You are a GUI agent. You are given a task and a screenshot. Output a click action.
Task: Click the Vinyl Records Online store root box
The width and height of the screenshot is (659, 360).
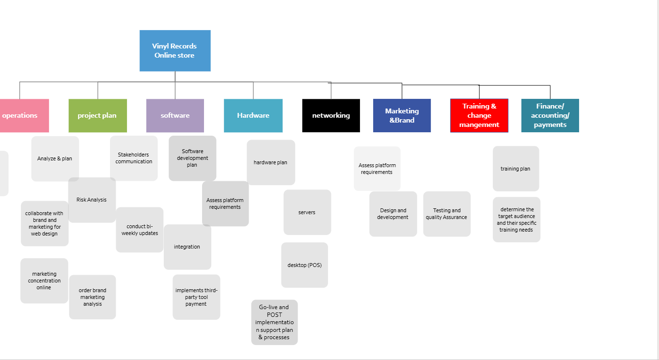(175, 51)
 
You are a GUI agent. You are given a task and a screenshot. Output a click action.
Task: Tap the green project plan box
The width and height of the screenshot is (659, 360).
(97, 115)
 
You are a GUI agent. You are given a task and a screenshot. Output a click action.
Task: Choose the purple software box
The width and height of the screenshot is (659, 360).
(175, 115)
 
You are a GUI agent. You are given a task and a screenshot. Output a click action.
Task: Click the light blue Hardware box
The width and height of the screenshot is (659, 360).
(253, 115)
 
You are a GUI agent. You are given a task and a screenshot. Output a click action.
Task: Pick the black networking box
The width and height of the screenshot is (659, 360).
(331, 115)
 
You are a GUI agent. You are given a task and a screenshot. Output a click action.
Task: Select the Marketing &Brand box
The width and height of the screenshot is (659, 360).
(402, 115)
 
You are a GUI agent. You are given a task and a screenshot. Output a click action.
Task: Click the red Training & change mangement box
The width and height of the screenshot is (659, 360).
(479, 115)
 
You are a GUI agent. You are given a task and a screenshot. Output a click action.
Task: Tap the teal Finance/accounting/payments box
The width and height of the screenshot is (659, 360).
(550, 115)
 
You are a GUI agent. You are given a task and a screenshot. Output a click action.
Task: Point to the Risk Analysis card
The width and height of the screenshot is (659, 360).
(92, 200)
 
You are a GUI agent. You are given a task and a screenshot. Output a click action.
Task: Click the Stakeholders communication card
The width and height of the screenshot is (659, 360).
(134, 158)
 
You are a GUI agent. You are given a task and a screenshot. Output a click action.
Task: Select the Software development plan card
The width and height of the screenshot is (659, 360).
(192, 158)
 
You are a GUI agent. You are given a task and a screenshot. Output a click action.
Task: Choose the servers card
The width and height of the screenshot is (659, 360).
(307, 212)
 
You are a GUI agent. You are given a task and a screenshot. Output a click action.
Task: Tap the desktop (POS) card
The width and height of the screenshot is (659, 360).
(304, 265)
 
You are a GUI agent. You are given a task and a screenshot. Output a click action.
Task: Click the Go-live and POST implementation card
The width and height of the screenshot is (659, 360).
(274, 322)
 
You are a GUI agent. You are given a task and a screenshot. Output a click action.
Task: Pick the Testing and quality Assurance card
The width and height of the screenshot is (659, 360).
(447, 214)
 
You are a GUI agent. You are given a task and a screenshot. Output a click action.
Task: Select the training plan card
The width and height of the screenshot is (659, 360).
(516, 169)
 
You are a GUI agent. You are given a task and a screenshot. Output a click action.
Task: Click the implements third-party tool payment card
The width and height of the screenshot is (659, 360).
(196, 297)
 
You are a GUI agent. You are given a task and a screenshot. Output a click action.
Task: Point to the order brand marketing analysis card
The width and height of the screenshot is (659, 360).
(93, 297)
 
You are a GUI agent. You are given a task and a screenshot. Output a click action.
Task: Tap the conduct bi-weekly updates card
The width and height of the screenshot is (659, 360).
(140, 230)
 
